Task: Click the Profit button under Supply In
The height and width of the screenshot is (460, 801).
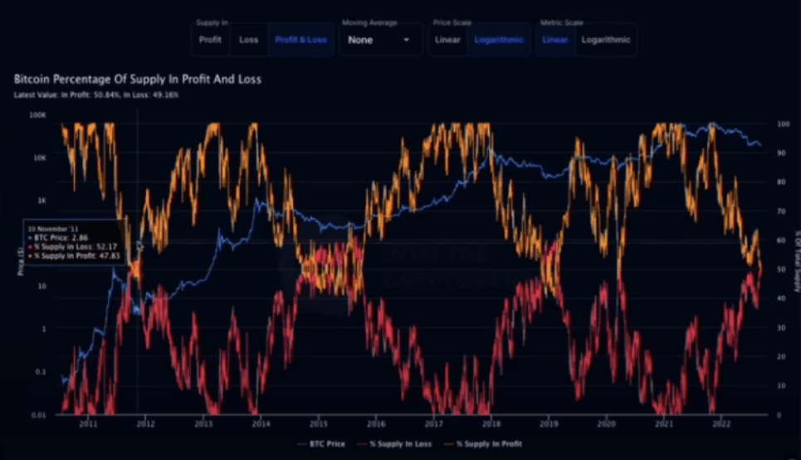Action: click(x=210, y=40)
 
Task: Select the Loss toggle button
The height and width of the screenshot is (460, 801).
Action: click(x=248, y=40)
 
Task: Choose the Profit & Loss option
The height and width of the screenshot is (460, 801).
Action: click(x=300, y=40)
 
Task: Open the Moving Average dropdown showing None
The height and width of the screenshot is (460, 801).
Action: click(x=379, y=40)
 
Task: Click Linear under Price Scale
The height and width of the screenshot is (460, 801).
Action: click(x=447, y=40)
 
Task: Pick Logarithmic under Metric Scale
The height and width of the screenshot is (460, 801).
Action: click(x=605, y=40)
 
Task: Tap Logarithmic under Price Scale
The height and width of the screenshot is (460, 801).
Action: click(x=498, y=40)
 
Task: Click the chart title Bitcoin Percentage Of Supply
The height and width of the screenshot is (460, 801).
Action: click(x=138, y=80)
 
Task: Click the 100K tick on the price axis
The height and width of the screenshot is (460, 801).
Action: click(x=38, y=115)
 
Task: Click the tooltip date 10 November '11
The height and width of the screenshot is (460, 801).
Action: click(x=53, y=226)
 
